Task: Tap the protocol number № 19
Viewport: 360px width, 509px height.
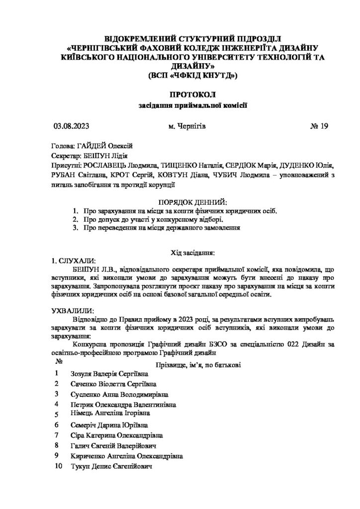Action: tap(319, 126)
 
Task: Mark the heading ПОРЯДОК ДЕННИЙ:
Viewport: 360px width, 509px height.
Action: tap(191, 203)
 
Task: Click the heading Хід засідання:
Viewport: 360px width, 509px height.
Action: tap(192, 253)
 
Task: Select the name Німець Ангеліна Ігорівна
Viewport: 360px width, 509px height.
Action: tap(111, 413)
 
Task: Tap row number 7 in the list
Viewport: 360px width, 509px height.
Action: tap(58, 434)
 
